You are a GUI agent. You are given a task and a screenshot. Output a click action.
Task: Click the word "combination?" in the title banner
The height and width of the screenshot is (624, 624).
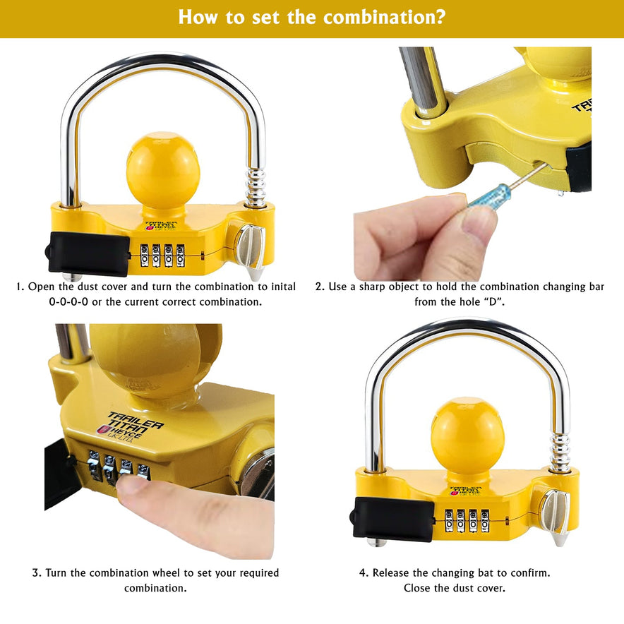385,17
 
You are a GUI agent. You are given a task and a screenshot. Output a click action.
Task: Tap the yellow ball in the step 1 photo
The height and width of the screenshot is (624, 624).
163,171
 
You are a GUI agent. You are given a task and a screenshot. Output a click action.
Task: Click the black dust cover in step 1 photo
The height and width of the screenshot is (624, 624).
90,253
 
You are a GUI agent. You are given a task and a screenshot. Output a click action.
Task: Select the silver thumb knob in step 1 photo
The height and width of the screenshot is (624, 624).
249,247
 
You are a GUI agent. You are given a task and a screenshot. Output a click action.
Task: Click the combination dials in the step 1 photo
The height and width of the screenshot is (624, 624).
163,255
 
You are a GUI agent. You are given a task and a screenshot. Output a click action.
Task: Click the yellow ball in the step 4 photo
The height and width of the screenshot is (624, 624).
467,436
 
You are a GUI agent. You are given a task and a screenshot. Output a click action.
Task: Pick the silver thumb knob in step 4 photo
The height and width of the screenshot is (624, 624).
553,512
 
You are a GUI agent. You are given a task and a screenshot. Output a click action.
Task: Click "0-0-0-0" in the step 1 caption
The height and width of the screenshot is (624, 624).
68,301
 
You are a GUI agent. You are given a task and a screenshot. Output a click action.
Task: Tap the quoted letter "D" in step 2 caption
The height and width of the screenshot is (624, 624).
493,301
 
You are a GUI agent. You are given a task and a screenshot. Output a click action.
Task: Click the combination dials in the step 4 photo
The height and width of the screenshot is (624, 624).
467,520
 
